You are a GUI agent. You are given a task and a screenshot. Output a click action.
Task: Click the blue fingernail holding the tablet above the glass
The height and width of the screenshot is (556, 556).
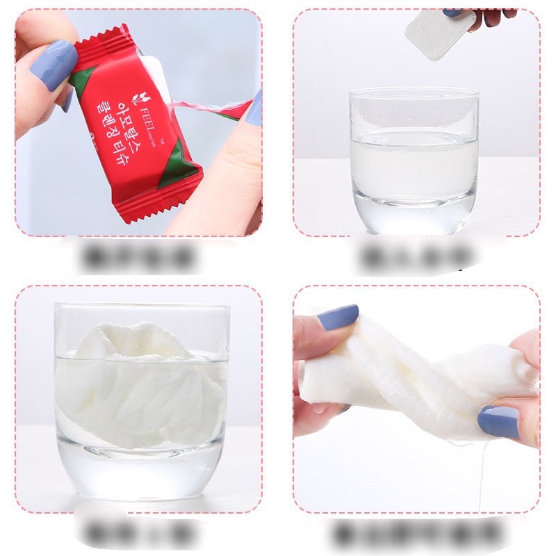click(453, 13)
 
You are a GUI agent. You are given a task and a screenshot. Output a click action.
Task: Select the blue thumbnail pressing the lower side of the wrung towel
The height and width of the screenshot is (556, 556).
click(498, 420)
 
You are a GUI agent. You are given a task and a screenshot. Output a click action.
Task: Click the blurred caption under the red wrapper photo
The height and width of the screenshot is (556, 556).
click(138, 258)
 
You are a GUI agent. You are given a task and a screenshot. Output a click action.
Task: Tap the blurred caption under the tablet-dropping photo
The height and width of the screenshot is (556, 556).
click(416, 257)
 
